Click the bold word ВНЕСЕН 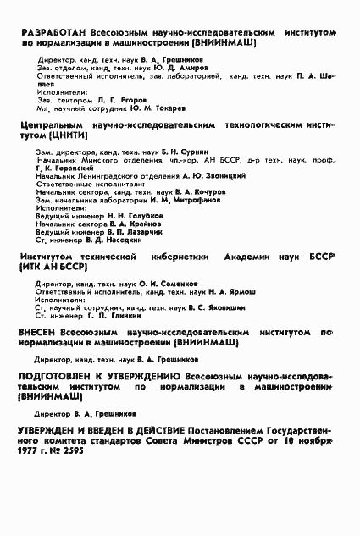tap(36, 333)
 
